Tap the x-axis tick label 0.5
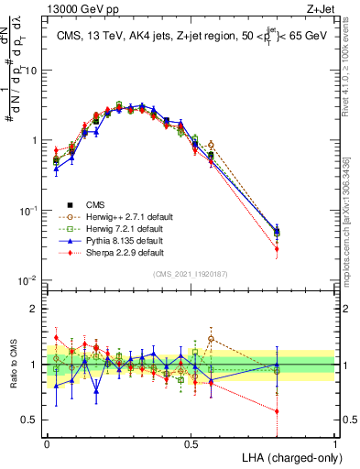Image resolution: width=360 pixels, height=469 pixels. coord(191,442)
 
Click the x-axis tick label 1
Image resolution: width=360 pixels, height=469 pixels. coord(335,442)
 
